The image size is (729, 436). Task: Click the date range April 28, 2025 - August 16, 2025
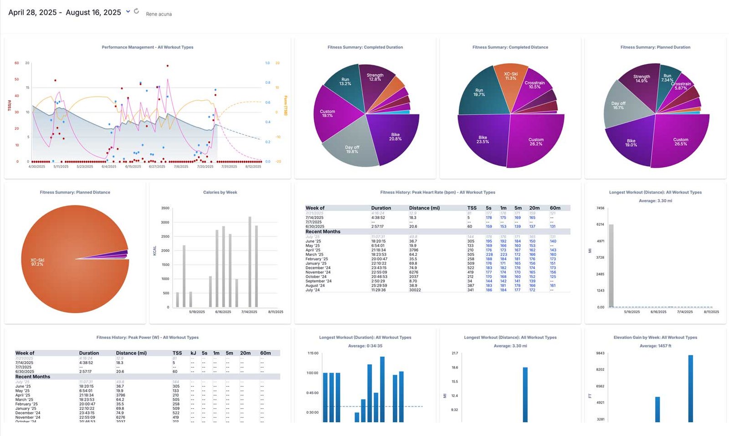click(x=65, y=12)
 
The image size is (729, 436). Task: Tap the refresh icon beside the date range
click(x=136, y=11)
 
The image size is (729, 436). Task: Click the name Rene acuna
click(x=159, y=14)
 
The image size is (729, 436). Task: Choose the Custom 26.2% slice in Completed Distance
click(x=535, y=142)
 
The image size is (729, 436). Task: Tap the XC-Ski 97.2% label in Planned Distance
click(x=37, y=262)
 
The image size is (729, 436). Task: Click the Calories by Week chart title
click(x=220, y=192)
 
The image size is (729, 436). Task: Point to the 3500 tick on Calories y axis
click(x=165, y=208)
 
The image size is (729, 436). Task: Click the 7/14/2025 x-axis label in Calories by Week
click(x=249, y=312)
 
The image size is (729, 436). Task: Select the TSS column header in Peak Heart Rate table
click(x=472, y=208)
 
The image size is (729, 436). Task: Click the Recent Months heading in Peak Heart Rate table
click(x=323, y=231)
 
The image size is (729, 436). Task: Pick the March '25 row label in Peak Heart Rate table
click(x=314, y=255)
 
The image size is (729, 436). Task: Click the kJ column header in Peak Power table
click(x=193, y=353)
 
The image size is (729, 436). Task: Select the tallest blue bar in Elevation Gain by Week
click(x=690, y=387)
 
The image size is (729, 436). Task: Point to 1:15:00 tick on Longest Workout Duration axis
click(x=313, y=353)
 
